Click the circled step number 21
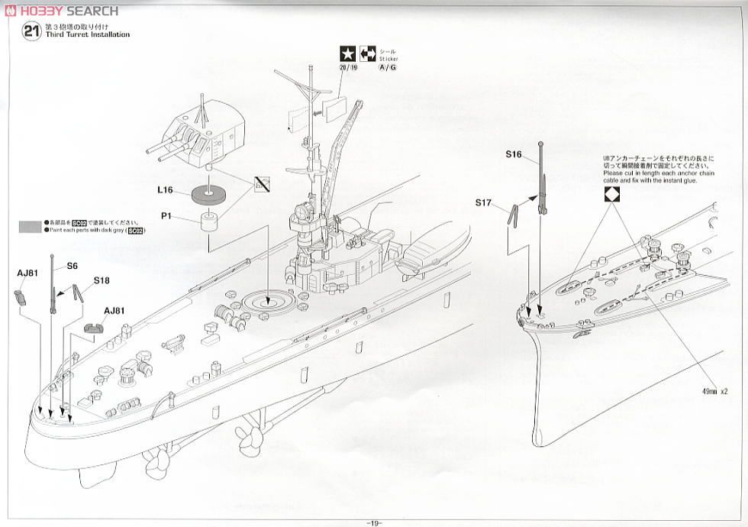tap(31, 31)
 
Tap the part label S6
tap(73, 265)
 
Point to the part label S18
tap(102, 280)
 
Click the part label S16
tap(513, 154)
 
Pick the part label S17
tap(482, 202)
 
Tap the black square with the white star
tap(347, 54)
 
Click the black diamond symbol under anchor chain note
tap(611, 194)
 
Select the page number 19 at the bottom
tap(373, 522)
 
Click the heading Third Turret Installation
tap(89, 35)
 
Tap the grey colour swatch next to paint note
tap(31, 225)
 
